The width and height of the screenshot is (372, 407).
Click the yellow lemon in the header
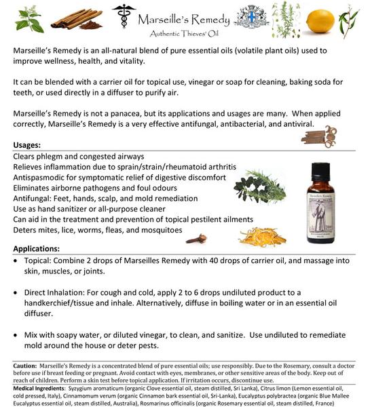(320, 21)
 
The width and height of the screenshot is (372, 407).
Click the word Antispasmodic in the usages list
(41, 178)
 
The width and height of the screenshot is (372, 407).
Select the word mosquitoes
(157, 231)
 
